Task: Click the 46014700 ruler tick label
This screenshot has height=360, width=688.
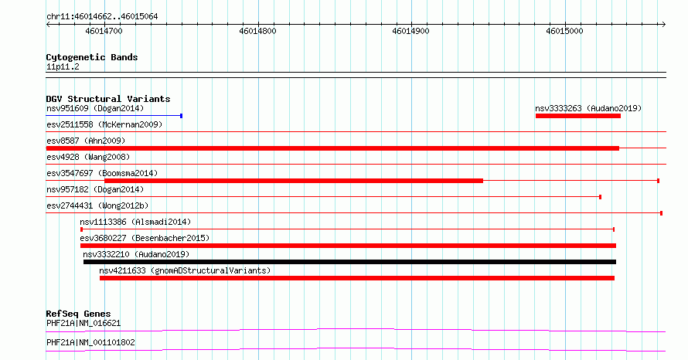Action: click(104, 31)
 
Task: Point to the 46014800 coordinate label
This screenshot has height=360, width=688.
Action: click(257, 31)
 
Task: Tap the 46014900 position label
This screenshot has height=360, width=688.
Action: click(410, 31)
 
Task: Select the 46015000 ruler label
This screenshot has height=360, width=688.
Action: click(564, 31)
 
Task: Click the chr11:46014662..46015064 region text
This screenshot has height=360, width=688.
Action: click(102, 17)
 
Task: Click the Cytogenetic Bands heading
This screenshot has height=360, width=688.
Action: click(92, 57)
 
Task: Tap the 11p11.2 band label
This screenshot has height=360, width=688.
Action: click(63, 67)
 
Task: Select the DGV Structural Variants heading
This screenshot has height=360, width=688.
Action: click(108, 99)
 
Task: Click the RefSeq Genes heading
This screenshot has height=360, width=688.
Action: click(78, 314)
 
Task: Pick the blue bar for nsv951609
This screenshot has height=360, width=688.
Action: click(114, 116)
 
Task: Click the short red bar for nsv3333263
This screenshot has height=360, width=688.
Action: click(578, 116)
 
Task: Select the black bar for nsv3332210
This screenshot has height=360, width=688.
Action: click(349, 262)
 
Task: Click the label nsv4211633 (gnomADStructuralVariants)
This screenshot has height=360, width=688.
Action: click(185, 270)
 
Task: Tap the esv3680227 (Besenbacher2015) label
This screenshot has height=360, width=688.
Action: click(145, 238)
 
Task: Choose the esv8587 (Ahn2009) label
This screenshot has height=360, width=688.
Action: click(86, 141)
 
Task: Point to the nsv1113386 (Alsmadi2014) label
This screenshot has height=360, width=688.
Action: click(135, 222)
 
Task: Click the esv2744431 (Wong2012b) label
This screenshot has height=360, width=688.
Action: click(97, 205)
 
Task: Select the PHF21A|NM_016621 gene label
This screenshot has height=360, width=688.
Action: click(83, 323)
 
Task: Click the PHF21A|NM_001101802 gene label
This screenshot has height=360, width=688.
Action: click(90, 342)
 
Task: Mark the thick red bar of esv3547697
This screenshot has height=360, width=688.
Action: click(294, 181)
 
